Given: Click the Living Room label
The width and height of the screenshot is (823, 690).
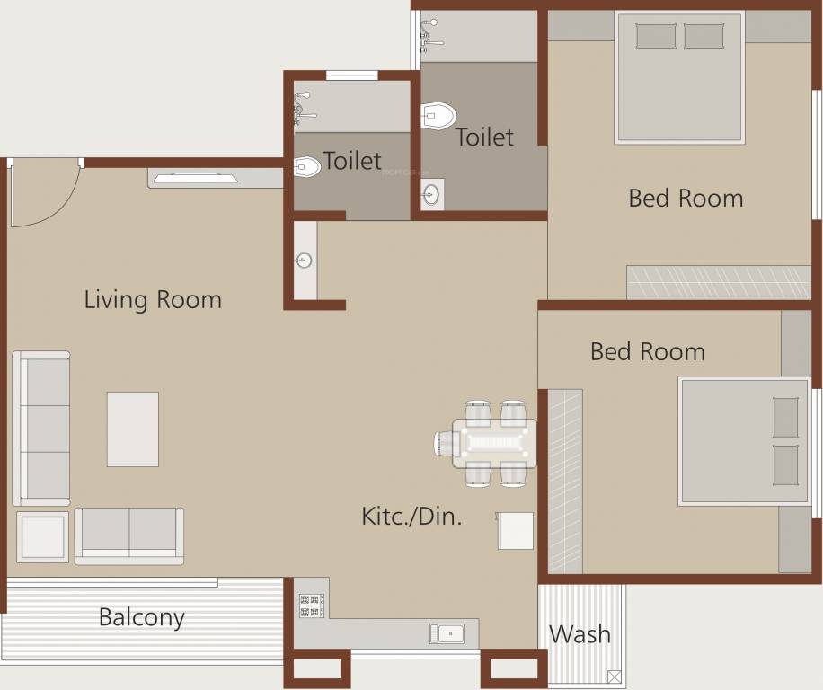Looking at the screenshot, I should click(x=153, y=299).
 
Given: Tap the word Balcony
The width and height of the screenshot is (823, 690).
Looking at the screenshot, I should click(x=141, y=618).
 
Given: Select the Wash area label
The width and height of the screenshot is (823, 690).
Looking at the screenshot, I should click(x=580, y=634).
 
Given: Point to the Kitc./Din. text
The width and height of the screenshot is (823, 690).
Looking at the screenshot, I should click(x=411, y=516).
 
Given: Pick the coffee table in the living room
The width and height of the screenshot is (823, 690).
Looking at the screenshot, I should click(x=133, y=429).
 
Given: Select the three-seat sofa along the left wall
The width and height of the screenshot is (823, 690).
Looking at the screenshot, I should click(x=41, y=428).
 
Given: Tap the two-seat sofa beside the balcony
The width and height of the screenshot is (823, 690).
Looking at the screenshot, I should click(x=129, y=535).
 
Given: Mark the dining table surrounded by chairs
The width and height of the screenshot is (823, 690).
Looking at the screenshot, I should click(x=493, y=443).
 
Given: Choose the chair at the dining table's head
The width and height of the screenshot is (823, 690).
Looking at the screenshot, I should click(x=447, y=443).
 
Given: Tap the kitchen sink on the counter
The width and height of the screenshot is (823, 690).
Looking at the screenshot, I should click(x=447, y=633).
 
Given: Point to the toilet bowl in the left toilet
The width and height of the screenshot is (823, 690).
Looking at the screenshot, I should click(x=307, y=167).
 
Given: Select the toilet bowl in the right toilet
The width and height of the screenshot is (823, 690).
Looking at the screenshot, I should click(x=438, y=116).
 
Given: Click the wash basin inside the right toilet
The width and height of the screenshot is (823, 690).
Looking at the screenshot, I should click(x=431, y=194).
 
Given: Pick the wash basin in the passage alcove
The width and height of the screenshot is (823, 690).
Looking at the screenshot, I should click(x=305, y=261).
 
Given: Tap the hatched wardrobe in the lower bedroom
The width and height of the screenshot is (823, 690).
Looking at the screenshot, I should click(x=565, y=481).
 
